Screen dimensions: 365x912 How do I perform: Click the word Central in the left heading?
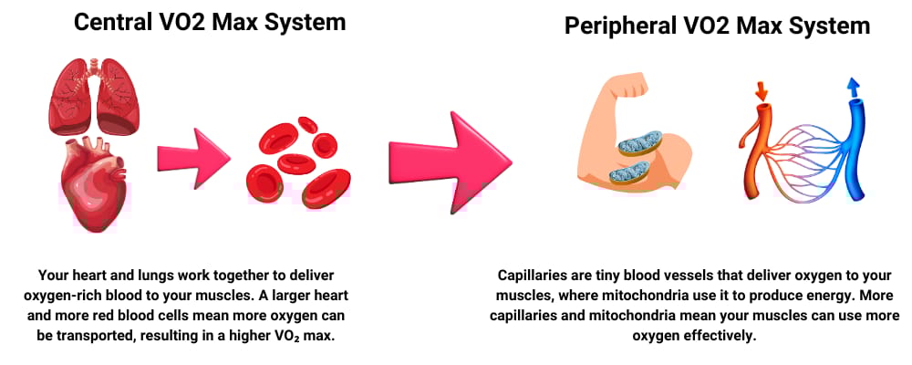click(x=112, y=22)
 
